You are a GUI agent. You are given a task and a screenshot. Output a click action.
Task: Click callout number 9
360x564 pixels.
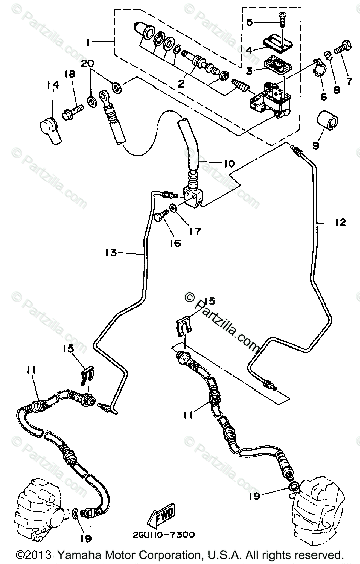tap(316, 145)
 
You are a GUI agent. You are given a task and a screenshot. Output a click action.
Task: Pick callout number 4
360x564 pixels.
tap(249, 50)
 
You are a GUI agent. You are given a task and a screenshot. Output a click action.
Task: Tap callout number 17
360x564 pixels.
tap(195, 232)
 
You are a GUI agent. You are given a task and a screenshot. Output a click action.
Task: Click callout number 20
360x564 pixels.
tap(87, 64)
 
